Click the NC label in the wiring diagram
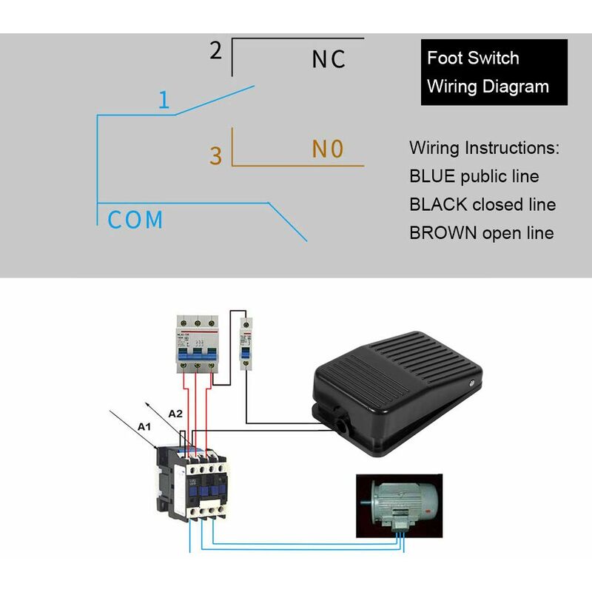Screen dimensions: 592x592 click(x=329, y=59)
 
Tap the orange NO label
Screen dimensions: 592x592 click(x=328, y=149)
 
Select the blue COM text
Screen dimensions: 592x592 click(x=135, y=220)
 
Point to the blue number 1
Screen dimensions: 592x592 click(x=164, y=101)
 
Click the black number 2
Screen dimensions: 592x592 click(x=215, y=51)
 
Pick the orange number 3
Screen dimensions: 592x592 click(x=215, y=156)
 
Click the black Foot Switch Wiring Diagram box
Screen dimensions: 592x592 click(x=494, y=72)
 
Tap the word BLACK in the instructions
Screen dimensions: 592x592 click(x=438, y=204)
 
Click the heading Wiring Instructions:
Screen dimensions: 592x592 click(x=485, y=147)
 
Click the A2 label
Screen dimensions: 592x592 click(x=175, y=414)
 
